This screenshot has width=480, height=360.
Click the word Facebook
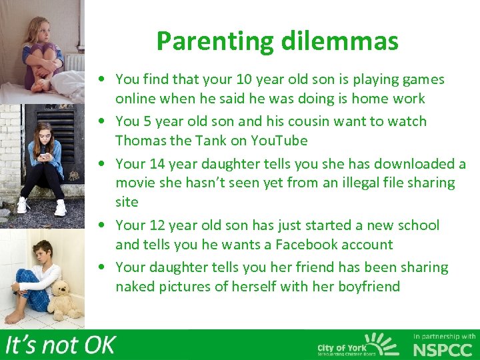click(293, 245)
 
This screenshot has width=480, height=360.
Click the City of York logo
click(357, 345)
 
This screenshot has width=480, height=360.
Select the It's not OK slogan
click(60, 345)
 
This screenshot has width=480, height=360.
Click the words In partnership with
click(445, 336)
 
